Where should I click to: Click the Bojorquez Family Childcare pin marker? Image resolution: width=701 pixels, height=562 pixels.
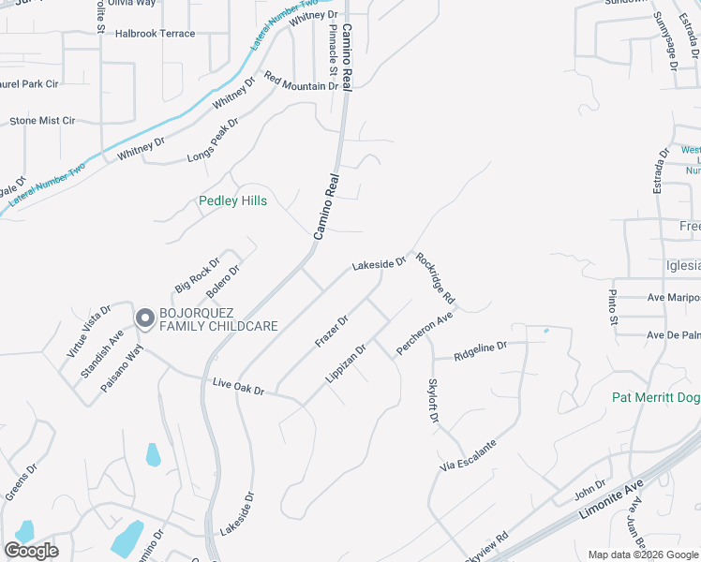click(145, 318)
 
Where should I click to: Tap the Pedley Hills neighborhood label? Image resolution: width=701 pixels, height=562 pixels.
click(232, 201)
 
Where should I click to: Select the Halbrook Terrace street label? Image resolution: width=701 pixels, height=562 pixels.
click(155, 34)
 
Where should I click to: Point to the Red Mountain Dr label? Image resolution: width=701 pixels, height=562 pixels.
click(301, 81)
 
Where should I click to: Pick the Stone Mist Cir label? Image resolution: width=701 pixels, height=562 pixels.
click(42, 121)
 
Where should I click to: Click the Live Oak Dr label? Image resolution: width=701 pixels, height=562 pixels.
click(239, 385)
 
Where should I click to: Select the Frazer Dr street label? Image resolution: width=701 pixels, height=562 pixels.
click(332, 331)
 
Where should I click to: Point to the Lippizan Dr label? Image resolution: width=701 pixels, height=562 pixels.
click(346, 362)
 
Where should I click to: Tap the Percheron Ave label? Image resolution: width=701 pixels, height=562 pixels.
click(425, 333)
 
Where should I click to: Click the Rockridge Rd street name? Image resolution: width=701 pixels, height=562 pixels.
click(436, 278)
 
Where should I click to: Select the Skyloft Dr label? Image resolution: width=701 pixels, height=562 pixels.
click(433, 400)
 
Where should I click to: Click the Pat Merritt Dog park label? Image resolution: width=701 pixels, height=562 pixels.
click(656, 397)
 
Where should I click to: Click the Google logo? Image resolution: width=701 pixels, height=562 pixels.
click(31, 551)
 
